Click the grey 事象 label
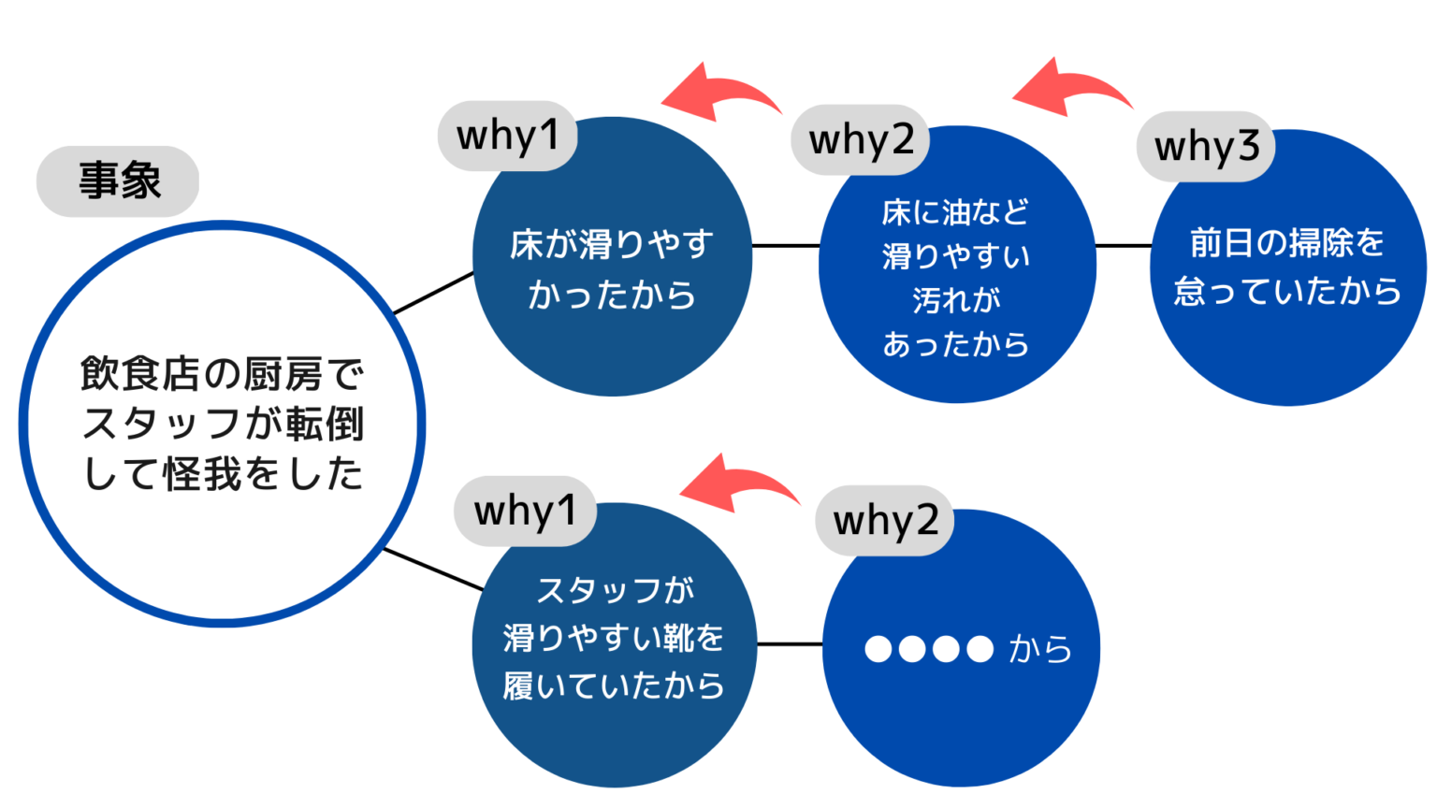tap(118, 181)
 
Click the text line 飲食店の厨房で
tap(222, 374)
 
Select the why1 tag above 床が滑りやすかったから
tap(507, 136)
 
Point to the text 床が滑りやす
tap(611, 244)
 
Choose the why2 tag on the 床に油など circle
tap(861, 140)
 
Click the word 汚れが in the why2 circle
tap(956, 300)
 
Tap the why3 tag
tap(1206, 147)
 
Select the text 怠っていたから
tap(1288, 291)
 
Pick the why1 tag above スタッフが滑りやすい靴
tap(526, 512)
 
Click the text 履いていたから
tap(614, 685)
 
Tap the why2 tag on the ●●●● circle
tap(885, 521)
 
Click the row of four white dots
tap(929, 649)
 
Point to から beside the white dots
tap(1040, 649)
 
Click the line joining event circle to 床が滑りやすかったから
tap(434, 293)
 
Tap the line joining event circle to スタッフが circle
tap(434, 570)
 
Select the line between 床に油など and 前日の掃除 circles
tap(1124, 246)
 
